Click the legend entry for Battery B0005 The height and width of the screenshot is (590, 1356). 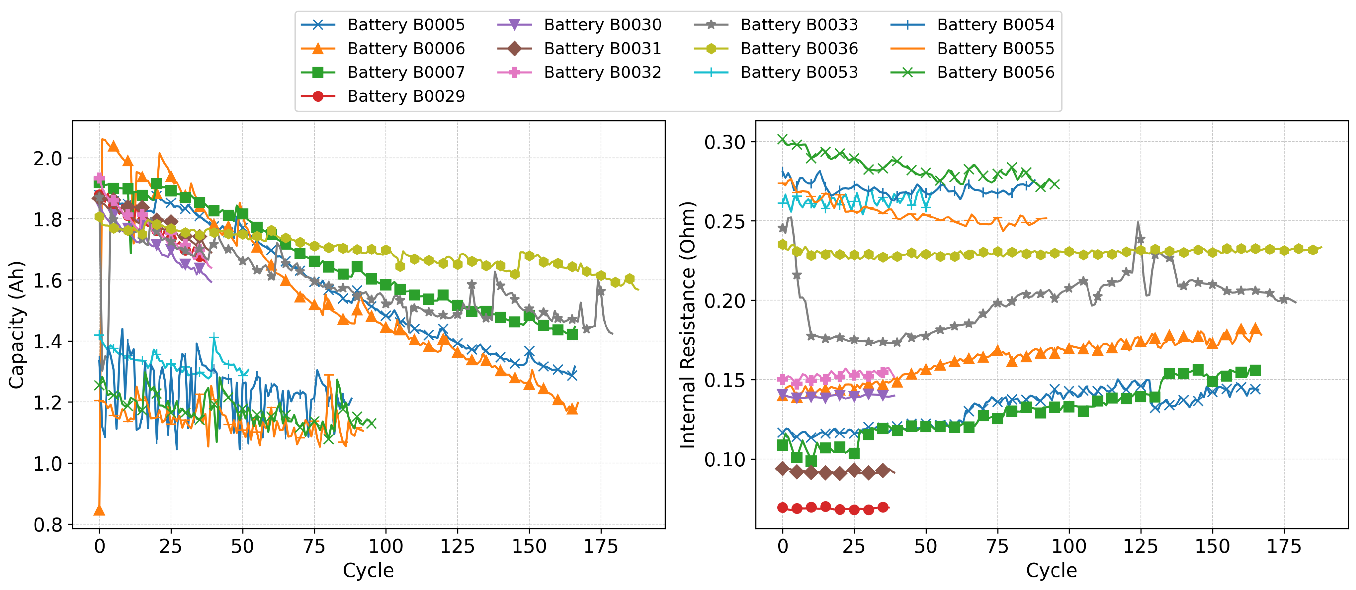(x=405, y=25)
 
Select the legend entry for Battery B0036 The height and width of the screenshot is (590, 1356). (x=799, y=49)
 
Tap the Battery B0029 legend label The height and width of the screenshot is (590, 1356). (x=405, y=96)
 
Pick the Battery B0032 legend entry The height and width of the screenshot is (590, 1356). (x=602, y=72)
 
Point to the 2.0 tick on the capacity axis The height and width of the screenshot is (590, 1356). (x=47, y=158)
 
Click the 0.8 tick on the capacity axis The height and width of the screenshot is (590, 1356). (x=47, y=525)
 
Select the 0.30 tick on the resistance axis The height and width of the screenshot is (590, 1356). (x=725, y=142)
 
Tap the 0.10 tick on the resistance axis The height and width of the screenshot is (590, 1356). (x=725, y=459)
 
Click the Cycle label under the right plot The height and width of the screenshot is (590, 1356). (x=1051, y=570)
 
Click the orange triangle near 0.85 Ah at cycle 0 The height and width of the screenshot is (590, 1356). (x=99, y=510)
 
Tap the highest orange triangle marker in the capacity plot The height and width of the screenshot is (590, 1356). (x=113, y=146)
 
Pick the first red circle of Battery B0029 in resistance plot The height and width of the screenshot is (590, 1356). (x=783, y=507)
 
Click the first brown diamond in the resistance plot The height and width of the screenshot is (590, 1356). (x=783, y=468)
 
